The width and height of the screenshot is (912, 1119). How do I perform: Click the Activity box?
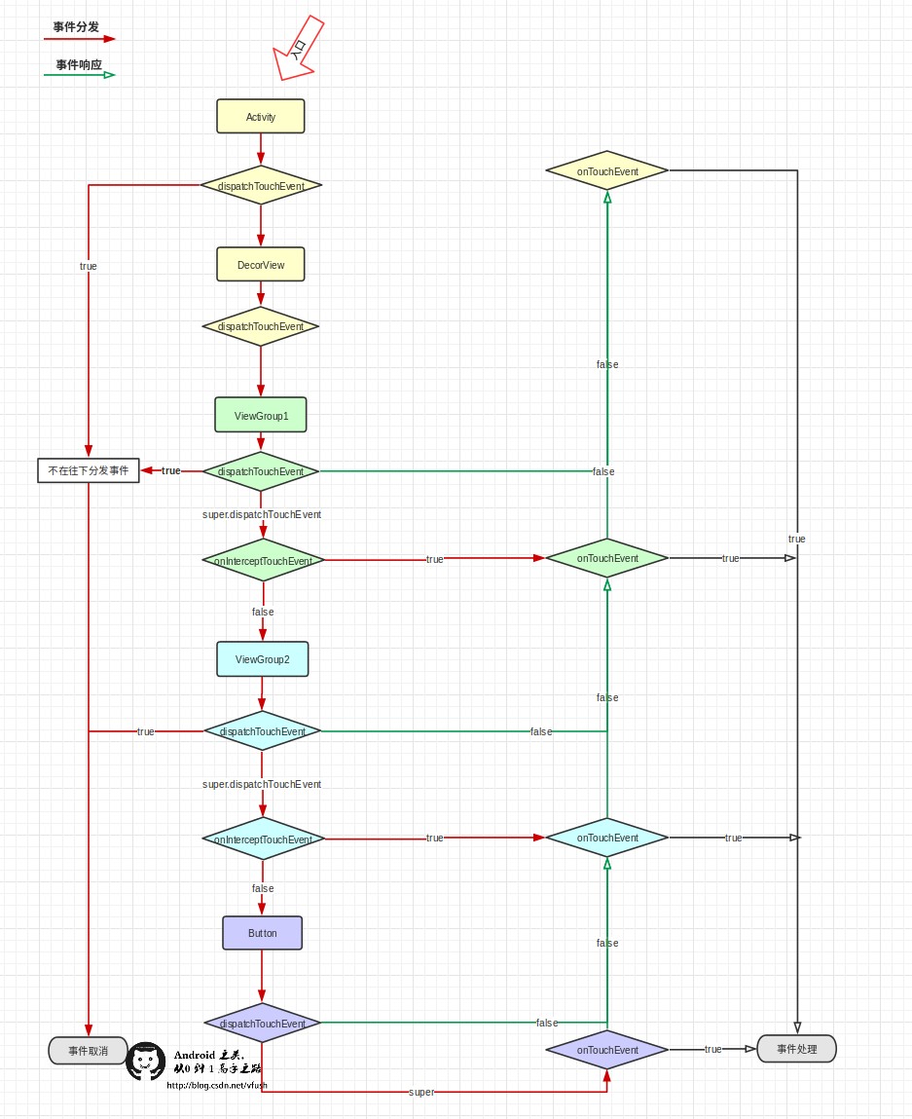click(261, 116)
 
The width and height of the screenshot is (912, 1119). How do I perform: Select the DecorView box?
click(261, 264)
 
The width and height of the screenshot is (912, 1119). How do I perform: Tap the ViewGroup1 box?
click(261, 415)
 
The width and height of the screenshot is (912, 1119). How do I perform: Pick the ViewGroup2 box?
click(262, 659)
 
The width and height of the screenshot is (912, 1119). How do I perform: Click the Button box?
click(262, 933)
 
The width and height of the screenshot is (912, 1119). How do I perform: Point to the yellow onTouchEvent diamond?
click(607, 171)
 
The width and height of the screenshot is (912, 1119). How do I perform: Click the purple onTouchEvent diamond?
click(607, 1050)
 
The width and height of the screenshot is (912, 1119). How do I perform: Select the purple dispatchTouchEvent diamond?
click(262, 1024)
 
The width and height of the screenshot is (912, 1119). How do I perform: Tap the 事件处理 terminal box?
click(796, 1049)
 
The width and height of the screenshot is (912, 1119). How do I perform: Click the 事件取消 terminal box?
click(88, 1051)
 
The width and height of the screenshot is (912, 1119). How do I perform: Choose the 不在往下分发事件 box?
click(89, 470)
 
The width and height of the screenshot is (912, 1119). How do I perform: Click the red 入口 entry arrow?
click(299, 48)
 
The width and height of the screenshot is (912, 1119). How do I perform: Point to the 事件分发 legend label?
click(76, 26)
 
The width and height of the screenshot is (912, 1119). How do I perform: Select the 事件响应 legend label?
click(79, 64)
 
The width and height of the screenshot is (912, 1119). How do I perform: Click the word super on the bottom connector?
click(421, 1092)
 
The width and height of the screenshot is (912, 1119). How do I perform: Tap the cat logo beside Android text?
click(147, 1062)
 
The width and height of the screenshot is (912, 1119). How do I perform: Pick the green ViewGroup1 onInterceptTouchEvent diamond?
click(263, 560)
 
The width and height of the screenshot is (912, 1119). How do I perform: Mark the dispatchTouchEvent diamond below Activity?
click(261, 185)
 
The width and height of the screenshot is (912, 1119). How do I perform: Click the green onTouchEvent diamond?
click(607, 558)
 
